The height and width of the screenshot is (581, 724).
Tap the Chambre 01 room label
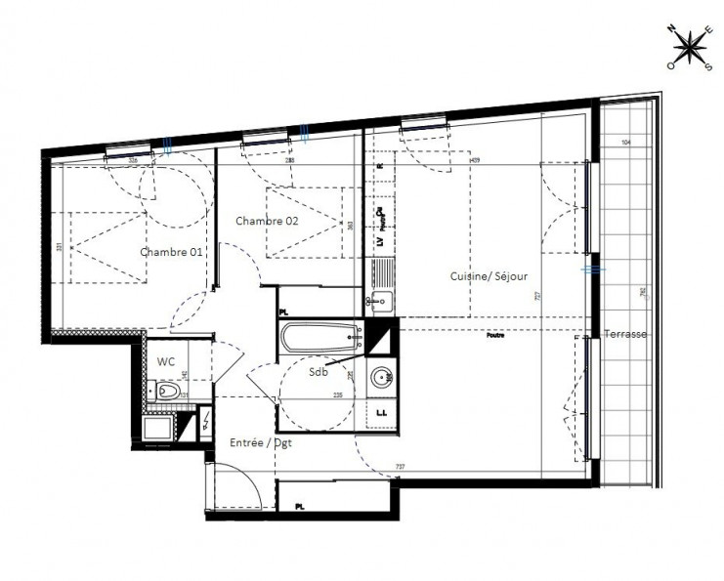[172, 252]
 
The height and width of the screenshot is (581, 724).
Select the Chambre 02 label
[266, 221]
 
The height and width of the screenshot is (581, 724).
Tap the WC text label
[166, 360]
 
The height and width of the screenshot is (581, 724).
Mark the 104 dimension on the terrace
[625, 145]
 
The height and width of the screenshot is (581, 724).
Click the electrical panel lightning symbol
[204, 423]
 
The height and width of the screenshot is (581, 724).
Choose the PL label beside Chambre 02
[284, 312]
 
